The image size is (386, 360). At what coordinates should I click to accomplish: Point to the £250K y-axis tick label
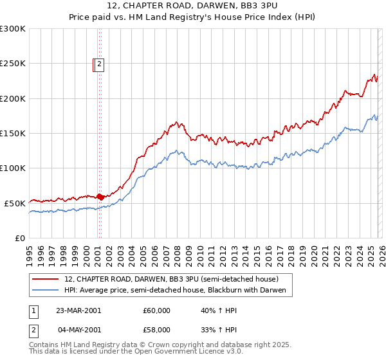pyautogui.click(x=13, y=64)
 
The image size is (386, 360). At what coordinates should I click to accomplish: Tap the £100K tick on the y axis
pyautogui.click(x=13, y=168)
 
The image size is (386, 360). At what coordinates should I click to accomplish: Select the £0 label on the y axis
pyautogui.click(x=21, y=238)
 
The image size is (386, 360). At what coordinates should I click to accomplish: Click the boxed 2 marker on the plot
pyautogui.click(x=101, y=64)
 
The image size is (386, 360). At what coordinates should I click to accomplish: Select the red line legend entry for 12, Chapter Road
pyautogui.click(x=171, y=279)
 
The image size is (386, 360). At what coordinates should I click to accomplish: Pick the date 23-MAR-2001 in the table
pyautogui.click(x=78, y=310)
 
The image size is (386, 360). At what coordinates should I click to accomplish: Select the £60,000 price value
pyautogui.click(x=157, y=310)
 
